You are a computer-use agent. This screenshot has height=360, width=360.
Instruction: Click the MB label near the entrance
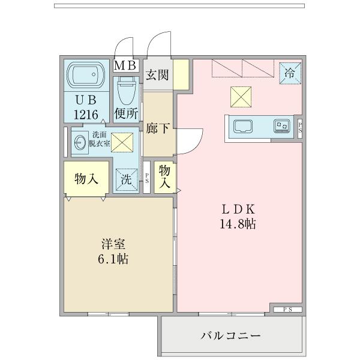coord(126,65)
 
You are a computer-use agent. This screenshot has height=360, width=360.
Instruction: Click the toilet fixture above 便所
coord(126,90)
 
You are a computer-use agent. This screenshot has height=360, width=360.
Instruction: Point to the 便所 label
coord(126,112)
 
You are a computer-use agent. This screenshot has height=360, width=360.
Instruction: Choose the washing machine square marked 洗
coord(127,179)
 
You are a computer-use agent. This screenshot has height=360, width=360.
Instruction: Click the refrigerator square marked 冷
coord(290,74)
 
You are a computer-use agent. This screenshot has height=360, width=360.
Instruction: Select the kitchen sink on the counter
coord(243,126)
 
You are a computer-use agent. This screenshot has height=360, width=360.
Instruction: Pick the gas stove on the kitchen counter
coord(281,125)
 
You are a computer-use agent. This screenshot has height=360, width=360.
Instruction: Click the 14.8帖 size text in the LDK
coord(239,226)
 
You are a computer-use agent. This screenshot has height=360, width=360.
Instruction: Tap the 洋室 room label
coord(113,245)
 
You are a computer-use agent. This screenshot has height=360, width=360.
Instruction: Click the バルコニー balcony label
coord(231,336)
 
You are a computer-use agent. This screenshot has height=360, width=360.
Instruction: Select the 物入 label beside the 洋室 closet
coord(86,178)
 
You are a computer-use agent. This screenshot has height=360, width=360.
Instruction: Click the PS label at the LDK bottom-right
coord(287,309)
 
